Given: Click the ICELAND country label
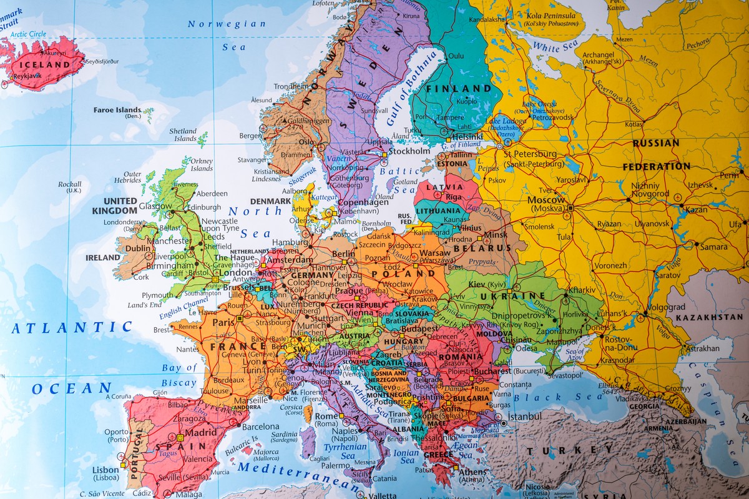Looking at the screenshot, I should (x=44, y=64).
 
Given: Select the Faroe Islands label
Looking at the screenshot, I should (x=117, y=111).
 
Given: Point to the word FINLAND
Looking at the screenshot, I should (x=459, y=89).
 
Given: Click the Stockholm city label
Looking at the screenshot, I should (x=409, y=151).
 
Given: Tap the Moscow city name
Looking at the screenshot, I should (x=546, y=200).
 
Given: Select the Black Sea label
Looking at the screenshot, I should (x=559, y=397).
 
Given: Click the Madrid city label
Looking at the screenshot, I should (x=200, y=432).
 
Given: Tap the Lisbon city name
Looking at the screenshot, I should (x=105, y=470).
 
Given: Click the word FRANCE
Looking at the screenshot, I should (x=230, y=346).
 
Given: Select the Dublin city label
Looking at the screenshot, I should (x=138, y=248).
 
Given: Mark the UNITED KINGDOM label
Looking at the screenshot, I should (x=120, y=205).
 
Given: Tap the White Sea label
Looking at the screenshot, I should (x=554, y=47).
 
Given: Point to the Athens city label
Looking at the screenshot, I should (x=472, y=472).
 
